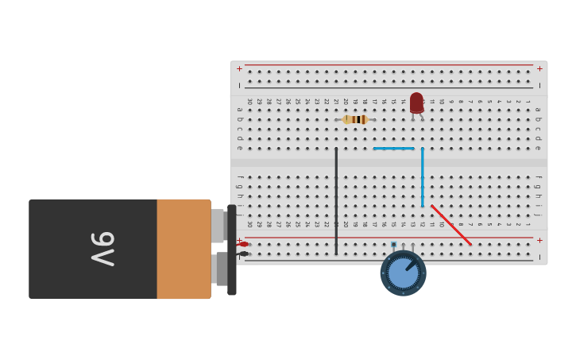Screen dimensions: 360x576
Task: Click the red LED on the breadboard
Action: pos(416,103)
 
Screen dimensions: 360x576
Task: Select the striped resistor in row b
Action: pos(355,119)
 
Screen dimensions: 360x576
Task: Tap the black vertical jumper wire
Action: pos(336,199)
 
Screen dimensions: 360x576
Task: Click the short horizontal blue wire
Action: pos(394,149)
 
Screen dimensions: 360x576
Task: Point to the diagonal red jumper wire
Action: pos(451,225)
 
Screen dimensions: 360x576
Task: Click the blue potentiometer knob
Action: pos(404,273)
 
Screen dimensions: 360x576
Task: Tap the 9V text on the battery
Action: pos(102,249)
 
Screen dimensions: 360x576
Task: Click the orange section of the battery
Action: pos(184,249)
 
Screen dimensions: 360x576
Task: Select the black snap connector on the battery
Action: pos(231,250)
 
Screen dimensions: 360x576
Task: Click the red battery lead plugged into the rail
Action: pos(243,244)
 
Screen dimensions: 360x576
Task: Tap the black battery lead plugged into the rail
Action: pos(243,254)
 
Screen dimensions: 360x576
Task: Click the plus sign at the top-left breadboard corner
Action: pos(239,68)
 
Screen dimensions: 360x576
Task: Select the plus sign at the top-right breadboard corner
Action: pos(539,68)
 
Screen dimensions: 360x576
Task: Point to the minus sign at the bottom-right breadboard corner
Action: pos(539,257)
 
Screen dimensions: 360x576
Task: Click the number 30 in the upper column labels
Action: pos(249,101)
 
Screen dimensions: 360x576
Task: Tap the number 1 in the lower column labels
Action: pos(527,224)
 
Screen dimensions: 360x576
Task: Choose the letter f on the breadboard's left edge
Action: pos(239,177)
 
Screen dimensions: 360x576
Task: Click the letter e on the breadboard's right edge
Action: pos(538,148)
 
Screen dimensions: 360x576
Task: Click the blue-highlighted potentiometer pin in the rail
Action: pos(393,245)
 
